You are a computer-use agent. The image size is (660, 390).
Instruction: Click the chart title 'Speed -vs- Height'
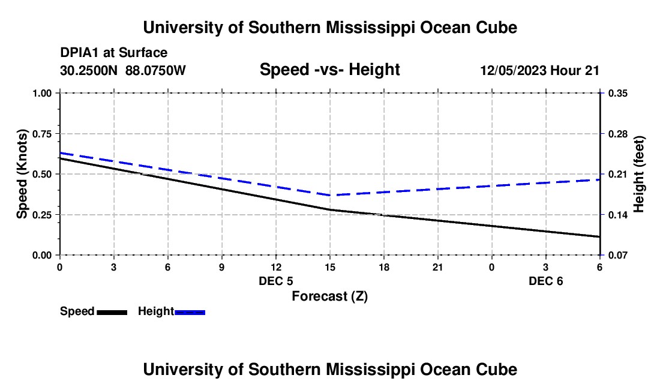tap(329, 70)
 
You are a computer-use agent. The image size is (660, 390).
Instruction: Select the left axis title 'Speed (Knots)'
tap(22, 174)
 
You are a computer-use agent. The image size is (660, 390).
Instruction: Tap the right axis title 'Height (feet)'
tap(639, 174)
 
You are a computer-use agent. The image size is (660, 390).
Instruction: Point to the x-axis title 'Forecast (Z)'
tap(329, 296)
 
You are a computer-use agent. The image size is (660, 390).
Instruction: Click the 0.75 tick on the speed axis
tap(43, 134)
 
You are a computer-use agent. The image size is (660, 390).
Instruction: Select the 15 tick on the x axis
tap(329, 266)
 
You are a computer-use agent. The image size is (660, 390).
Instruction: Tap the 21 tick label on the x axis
tap(437, 266)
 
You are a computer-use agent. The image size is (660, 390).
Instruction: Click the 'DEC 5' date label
tap(276, 281)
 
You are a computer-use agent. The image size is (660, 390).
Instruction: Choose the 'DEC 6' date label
tap(545, 281)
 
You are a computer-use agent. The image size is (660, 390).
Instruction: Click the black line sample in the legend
tap(112, 311)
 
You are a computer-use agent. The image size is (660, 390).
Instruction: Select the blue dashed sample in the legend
tap(190, 311)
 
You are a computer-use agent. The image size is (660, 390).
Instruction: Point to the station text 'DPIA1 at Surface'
tap(113, 53)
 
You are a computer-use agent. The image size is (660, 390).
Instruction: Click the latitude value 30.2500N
tap(89, 71)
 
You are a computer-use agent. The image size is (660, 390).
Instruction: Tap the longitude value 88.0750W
tap(156, 71)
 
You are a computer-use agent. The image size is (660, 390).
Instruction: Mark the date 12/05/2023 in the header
tap(512, 71)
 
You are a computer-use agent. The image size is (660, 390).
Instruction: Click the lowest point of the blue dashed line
tap(331, 195)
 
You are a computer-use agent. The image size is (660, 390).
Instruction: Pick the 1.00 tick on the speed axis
tap(43, 93)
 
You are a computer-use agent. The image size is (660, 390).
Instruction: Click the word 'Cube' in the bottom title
tap(496, 369)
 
